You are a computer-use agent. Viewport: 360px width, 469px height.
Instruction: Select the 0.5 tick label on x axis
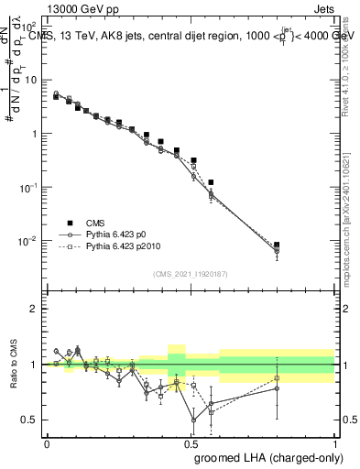[191, 442]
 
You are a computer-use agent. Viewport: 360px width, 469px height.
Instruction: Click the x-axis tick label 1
[334, 442]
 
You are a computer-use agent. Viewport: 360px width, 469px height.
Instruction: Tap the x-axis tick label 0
[47, 442]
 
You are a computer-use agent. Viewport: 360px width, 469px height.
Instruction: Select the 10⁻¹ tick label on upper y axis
[28, 187]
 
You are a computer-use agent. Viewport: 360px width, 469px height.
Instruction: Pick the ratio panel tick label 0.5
[29, 420]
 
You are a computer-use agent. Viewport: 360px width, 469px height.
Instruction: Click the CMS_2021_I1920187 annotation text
[191, 274]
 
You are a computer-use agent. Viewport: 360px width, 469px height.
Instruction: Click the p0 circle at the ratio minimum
[193, 420]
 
